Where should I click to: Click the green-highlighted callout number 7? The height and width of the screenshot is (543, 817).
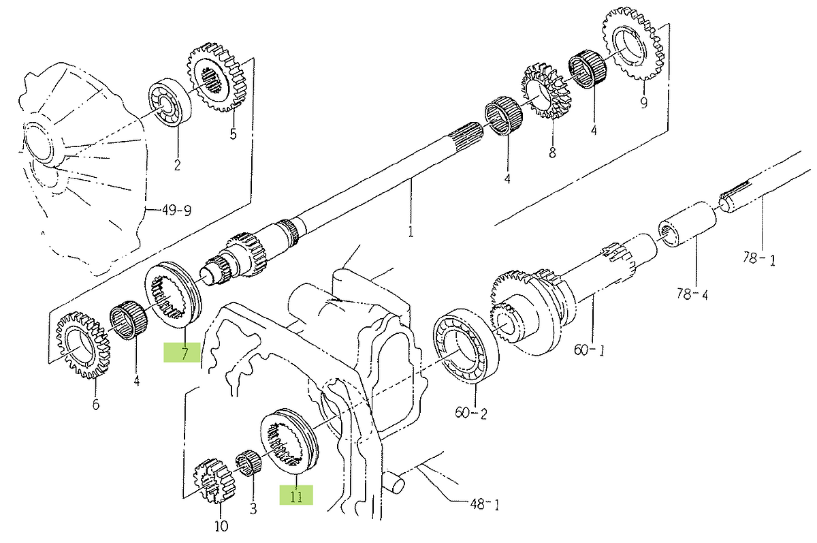(x=185, y=353)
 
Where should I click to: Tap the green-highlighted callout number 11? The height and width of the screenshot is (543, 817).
(x=296, y=496)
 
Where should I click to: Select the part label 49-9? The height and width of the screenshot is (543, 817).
(x=176, y=211)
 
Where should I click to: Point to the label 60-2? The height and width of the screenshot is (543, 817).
(x=471, y=414)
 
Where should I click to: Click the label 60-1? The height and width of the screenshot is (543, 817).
(x=590, y=350)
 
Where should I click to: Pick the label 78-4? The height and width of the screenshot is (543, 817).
(x=692, y=294)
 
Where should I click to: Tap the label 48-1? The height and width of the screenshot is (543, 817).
(x=484, y=504)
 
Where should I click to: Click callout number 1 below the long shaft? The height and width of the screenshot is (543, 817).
(x=411, y=232)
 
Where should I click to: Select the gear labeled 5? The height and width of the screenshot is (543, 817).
(x=217, y=78)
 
